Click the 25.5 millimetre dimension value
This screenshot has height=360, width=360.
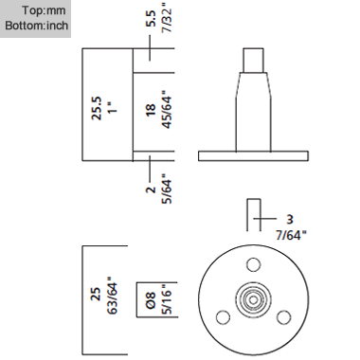point(97,108)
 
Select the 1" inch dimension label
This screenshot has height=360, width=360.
point(112,108)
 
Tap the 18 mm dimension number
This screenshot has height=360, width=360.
point(151,110)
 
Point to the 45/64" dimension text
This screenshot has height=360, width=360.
point(167,110)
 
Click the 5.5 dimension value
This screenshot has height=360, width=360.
point(151,19)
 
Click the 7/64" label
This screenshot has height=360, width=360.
point(291,235)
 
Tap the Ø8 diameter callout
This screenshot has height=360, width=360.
point(151,300)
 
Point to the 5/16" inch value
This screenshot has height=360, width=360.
point(167,299)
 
